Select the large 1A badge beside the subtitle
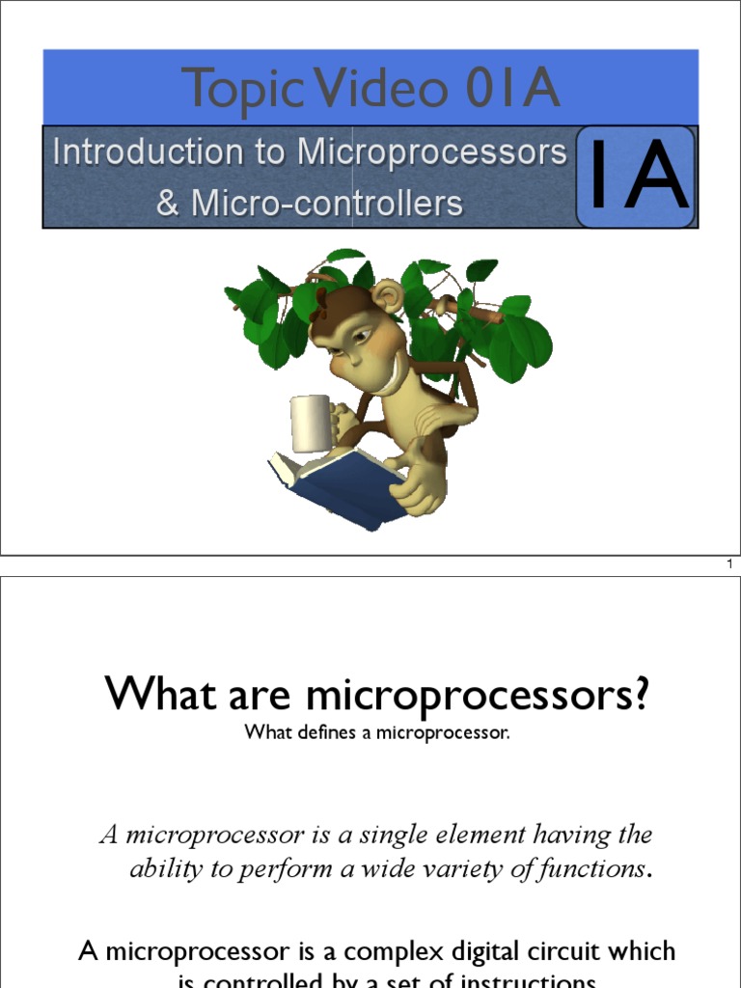pyautogui.click(x=637, y=176)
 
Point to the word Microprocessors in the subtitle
pyautogui.click(x=431, y=151)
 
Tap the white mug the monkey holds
pyautogui.click(x=310, y=424)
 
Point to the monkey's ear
pyautogui.click(x=387, y=296)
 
